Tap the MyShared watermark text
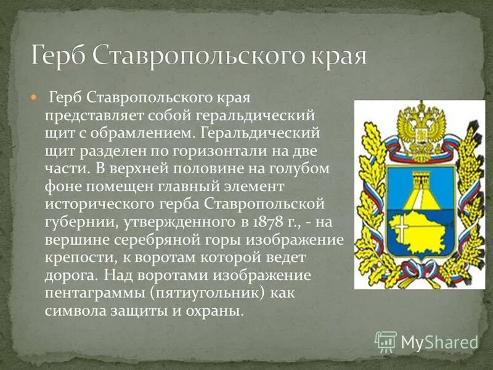tap(440, 342)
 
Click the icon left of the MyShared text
tap(386, 341)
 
